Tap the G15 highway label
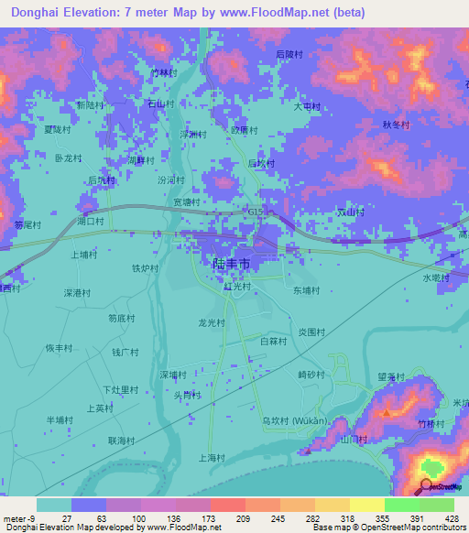pos(256,212)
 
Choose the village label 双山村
pos(351,212)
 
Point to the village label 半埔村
pos(60,419)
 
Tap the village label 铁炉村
pos(146,268)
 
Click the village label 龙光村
pos(212,322)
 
